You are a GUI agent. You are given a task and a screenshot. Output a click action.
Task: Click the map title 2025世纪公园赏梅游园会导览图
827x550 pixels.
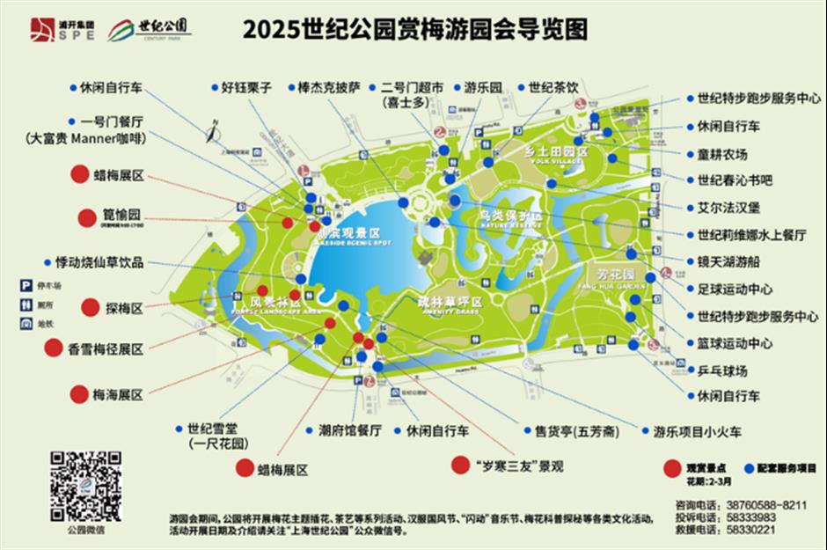414,30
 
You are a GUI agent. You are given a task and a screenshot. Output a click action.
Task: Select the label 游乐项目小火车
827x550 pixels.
698,431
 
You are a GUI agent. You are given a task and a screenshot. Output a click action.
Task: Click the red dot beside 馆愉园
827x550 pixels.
86,217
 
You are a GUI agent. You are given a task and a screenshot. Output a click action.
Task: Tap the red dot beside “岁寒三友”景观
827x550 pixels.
459,464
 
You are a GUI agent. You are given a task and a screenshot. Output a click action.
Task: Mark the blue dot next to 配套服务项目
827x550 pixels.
749,468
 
